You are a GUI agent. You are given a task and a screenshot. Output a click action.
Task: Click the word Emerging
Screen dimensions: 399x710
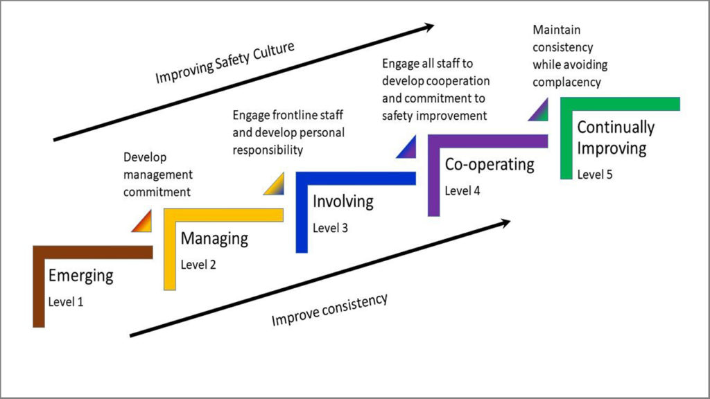pyautogui.click(x=80, y=276)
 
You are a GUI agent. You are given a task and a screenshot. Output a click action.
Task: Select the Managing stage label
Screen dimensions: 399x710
pyautogui.click(x=214, y=239)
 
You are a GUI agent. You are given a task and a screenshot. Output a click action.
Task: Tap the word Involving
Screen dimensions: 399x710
pyautogui.click(x=343, y=202)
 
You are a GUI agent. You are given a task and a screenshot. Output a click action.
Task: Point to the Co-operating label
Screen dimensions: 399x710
pyautogui.click(x=490, y=165)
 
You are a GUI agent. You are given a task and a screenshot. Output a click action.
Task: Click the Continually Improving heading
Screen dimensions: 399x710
pyautogui.click(x=615, y=137)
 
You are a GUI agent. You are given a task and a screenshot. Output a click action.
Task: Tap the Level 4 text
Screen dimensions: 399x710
pyautogui.click(x=462, y=190)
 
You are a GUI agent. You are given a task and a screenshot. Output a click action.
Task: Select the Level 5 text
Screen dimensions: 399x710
pyautogui.click(x=595, y=175)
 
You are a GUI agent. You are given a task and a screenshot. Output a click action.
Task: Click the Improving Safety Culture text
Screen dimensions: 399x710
pyautogui.click(x=225, y=63)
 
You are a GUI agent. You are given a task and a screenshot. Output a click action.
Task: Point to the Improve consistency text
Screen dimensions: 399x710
pyautogui.click(x=329, y=310)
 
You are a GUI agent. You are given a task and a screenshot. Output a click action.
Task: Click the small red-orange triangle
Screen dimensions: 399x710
pyautogui.click(x=144, y=222)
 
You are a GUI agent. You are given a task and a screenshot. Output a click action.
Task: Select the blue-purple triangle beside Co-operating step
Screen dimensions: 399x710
pyautogui.click(x=408, y=148)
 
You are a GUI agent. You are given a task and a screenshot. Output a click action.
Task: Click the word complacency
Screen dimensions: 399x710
pyautogui.click(x=566, y=82)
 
